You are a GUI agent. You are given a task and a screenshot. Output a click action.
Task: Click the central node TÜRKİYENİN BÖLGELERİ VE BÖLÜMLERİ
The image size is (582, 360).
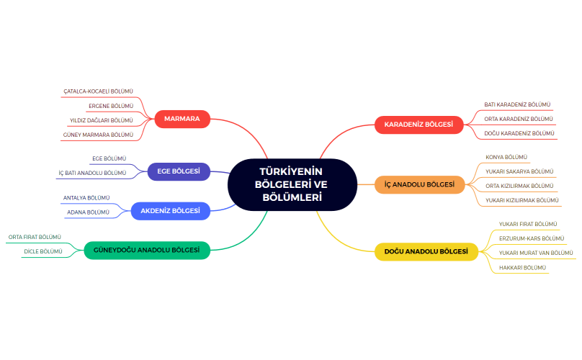292,184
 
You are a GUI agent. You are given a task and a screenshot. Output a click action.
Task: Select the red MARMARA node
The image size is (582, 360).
182,119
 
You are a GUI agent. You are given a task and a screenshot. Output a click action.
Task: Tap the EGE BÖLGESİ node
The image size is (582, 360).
179,171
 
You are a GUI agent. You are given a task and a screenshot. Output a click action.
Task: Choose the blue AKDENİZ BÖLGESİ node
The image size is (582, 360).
170,211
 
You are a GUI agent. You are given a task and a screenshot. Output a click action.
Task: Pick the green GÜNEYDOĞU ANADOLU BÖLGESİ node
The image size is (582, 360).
147,251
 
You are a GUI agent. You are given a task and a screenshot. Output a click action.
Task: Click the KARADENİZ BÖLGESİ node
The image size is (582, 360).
418,125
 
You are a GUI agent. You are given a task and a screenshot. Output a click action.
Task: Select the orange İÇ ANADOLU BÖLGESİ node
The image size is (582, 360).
419,184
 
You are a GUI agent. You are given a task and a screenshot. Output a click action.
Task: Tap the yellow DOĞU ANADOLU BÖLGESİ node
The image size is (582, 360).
426,251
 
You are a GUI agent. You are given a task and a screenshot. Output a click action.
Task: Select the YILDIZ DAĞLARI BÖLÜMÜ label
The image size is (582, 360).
101,120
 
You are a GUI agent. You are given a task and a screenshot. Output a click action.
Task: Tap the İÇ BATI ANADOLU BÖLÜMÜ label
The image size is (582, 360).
92,173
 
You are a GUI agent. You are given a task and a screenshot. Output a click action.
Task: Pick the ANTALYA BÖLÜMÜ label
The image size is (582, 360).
86,197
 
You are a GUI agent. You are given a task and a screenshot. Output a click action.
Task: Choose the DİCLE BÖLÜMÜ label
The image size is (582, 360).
42,251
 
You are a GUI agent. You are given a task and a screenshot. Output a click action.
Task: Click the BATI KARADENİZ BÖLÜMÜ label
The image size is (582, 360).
516,104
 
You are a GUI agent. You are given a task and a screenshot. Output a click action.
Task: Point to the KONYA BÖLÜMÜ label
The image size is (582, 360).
506,157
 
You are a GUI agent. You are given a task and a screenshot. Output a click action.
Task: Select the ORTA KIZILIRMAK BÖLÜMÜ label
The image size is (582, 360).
519,186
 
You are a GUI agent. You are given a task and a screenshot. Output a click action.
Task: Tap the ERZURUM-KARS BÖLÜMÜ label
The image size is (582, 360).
532,238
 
